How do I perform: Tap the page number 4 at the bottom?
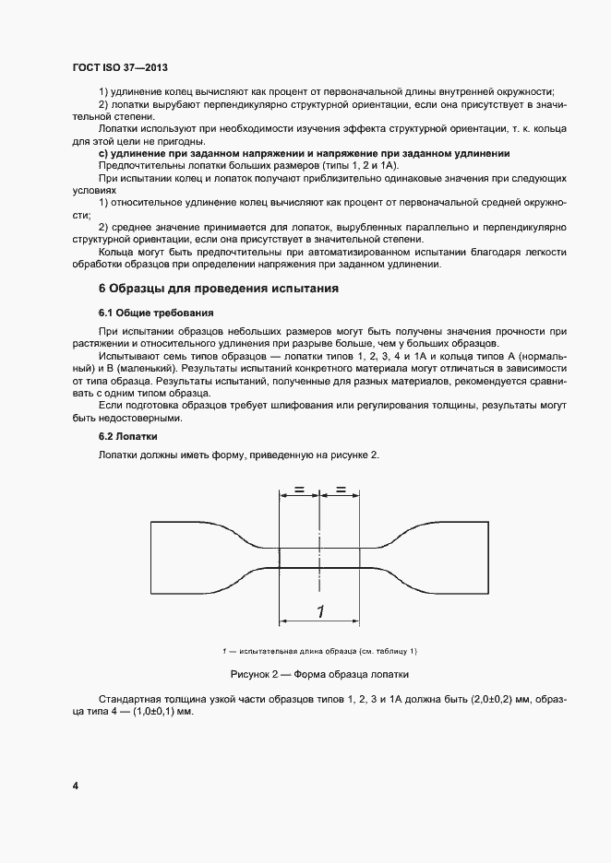[x=75, y=786]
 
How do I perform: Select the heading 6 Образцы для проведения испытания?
[x=218, y=289]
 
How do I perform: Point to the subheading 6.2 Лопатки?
[x=128, y=435]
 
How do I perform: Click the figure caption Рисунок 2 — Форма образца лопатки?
[x=319, y=673]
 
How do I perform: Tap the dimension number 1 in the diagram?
[x=319, y=611]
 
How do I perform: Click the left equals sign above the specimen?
[x=299, y=491]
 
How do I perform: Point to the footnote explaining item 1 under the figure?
[x=319, y=651]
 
